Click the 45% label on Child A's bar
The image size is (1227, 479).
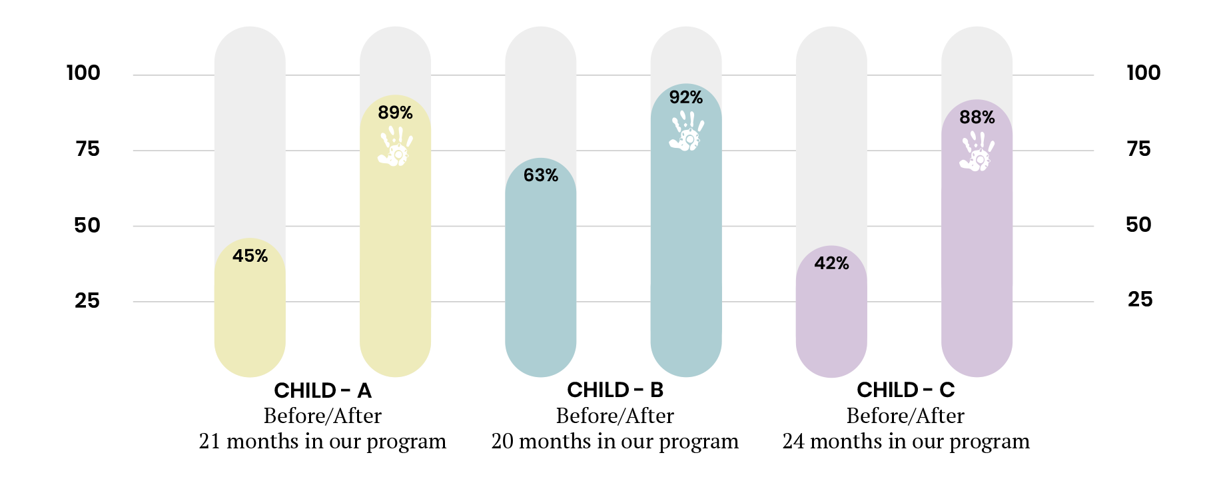tap(250, 256)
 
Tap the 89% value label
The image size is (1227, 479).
tap(395, 113)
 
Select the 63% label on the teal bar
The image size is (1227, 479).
tap(540, 175)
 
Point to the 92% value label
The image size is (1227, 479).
tap(685, 97)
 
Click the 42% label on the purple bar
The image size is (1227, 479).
tap(831, 263)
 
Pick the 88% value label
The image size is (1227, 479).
tap(977, 117)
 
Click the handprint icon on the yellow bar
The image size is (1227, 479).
tap(395, 147)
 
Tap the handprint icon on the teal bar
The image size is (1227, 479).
tap(686, 131)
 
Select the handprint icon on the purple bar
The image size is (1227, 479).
tap(977, 151)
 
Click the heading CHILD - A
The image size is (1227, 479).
tap(322, 390)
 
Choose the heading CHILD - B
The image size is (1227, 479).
tap(615, 390)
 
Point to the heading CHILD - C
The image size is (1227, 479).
tap(905, 390)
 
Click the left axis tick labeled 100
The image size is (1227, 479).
tap(83, 73)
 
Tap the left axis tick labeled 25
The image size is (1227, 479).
tap(87, 300)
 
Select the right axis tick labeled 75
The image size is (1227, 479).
tap(1138, 149)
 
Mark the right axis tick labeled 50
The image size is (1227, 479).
tap(1138, 225)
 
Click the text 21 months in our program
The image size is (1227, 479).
tap(322, 442)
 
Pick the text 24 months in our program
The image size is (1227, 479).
tap(905, 442)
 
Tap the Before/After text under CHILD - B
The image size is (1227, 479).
tap(615, 416)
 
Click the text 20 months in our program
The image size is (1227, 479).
tap(615, 442)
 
